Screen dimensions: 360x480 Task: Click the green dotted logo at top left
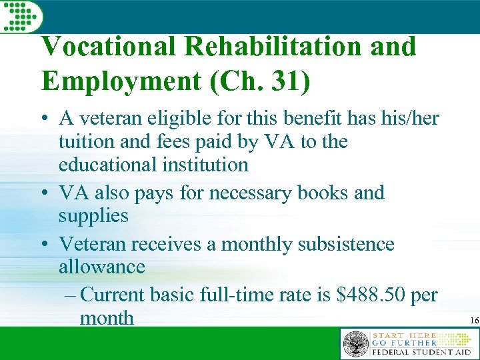(x=21, y=15)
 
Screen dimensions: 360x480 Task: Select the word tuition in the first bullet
(x=84, y=142)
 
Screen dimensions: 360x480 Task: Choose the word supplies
(x=93, y=215)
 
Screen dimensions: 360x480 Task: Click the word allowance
(x=102, y=267)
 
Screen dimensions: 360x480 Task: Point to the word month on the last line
(x=107, y=318)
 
